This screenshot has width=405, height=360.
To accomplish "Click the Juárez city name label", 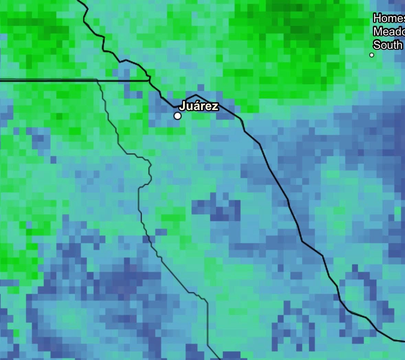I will (199, 106).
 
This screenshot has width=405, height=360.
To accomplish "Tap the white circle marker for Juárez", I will (177, 116).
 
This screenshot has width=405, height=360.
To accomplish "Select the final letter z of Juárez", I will (215, 107).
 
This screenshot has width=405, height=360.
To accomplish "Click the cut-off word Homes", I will (389, 18).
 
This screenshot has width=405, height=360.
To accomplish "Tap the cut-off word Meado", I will (389, 32).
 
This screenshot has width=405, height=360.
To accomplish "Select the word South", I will (388, 45).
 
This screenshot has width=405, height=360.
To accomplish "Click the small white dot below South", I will (371, 55).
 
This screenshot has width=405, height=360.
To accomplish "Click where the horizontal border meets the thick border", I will (149, 80).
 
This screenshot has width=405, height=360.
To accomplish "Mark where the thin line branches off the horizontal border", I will (98, 80).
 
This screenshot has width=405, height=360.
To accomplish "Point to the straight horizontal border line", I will (48, 80).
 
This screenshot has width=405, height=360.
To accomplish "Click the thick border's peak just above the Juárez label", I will (196, 95).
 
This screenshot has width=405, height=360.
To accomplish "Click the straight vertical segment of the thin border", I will (208, 323).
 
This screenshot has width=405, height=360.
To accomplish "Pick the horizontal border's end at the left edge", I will (1, 80).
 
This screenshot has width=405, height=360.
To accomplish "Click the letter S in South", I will (377, 45).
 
